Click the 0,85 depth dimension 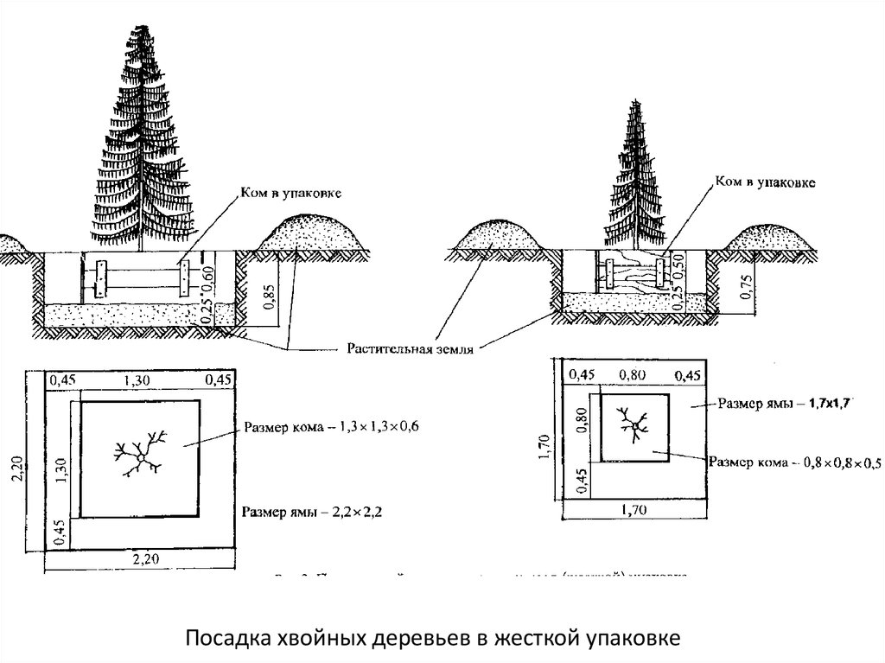click(269, 296)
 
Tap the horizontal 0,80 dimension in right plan click(636, 374)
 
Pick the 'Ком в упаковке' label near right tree click(764, 183)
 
